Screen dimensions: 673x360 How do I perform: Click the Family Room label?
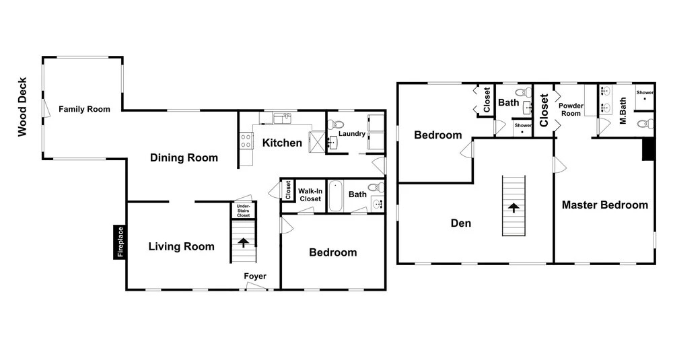click(x=84, y=109)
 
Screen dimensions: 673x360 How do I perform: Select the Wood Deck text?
click(x=22, y=107)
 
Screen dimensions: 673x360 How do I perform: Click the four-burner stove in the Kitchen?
click(x=246, y=141)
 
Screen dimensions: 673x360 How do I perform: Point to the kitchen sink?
click(x=283, y=118)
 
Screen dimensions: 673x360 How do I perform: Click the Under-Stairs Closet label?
click(x=244, y=211)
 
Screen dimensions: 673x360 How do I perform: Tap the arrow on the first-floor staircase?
click(x=244, y=242)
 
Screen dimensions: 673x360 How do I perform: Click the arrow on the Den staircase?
click(x=513, y=208)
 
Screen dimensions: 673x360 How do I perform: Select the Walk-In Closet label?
click(x=310, y=194)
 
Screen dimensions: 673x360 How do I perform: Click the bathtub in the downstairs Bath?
click(x=336, y=196)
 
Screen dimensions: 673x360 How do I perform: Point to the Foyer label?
click(x=255, y=276)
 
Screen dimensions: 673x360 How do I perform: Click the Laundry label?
click(x=352, y=133)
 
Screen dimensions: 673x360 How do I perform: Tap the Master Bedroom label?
click(x=605, y=205)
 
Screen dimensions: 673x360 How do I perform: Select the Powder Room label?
click(x=571, y=110)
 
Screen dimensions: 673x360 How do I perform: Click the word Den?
click(x=461, y=223)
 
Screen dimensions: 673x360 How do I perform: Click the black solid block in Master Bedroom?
click(x=648, y=149)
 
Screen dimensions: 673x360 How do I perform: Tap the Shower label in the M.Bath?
click(x=645, y=92)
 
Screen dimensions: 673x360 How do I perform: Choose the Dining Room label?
click(x=184, y=157)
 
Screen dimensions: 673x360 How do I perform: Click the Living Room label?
click(x=181, y=246)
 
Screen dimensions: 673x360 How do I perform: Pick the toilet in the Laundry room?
click(x=336, y=125)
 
